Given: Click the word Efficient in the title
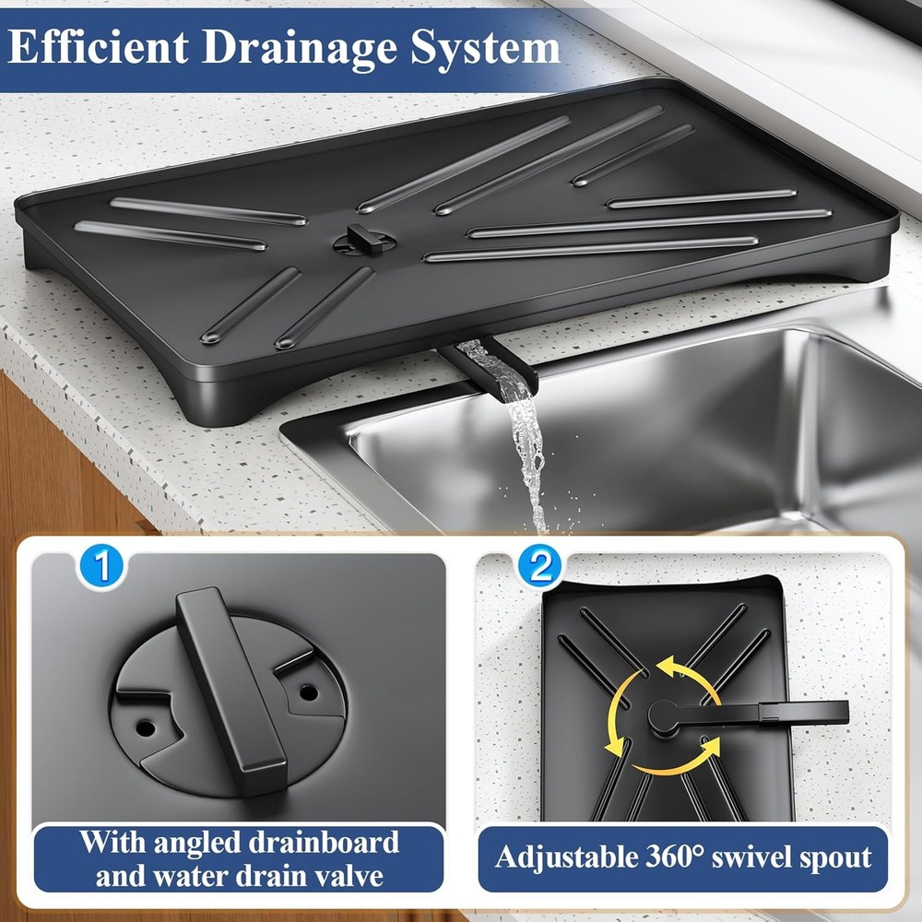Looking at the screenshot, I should (x=97, y=47).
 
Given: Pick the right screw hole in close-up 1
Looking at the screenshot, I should (x=308, y=691).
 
